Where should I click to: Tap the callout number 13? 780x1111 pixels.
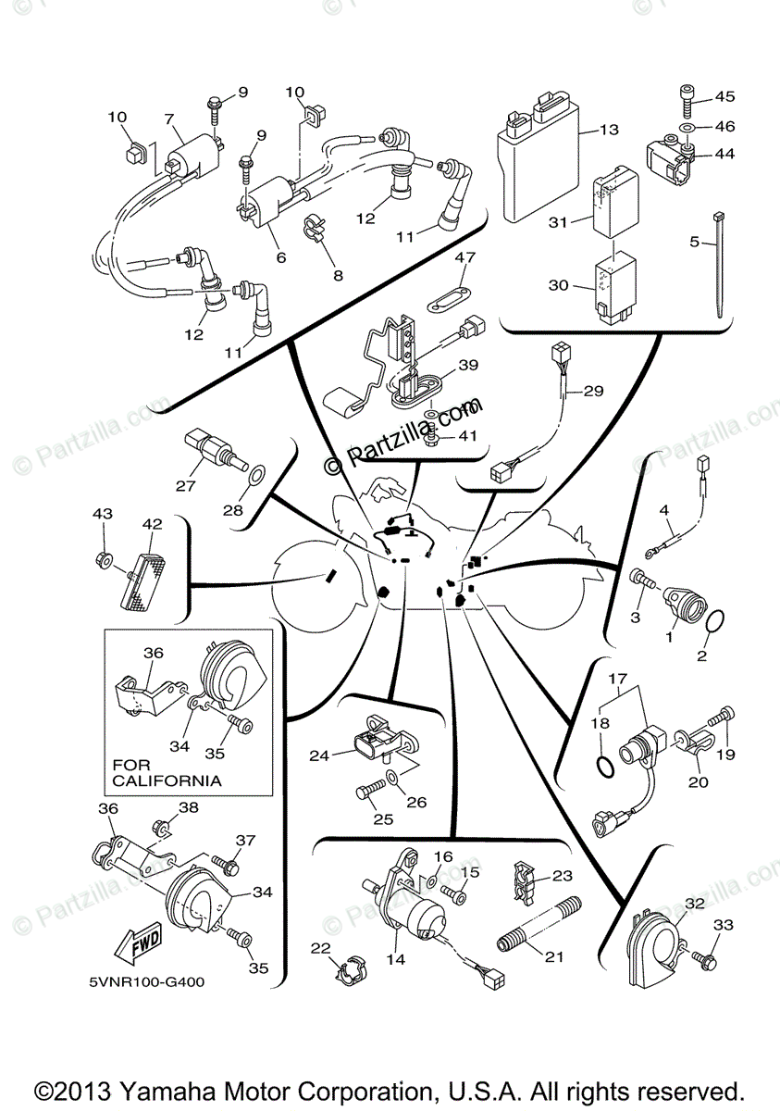[x=608, y=131]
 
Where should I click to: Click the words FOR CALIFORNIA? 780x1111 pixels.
[x=167, y=773]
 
